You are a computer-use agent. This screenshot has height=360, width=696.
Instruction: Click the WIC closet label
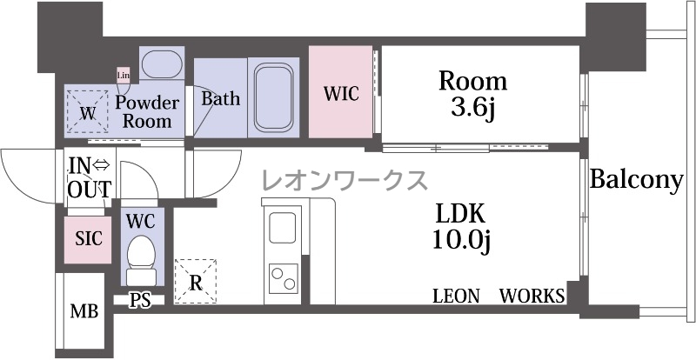click(340, 94)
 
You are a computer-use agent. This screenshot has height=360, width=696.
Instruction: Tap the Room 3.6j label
click(472, 94)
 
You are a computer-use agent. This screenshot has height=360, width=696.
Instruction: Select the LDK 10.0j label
click(460, 228)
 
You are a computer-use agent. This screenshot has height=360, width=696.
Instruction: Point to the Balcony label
click(636, 181)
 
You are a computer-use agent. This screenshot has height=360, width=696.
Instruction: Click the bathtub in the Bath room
click(273, 97)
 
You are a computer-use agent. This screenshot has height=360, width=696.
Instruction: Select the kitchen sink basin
click(282, 228)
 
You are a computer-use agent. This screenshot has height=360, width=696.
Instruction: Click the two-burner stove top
click(284, 278)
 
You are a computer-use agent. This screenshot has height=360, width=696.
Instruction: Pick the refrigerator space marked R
click(195, 282)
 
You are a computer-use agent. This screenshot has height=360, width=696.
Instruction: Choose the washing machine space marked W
click(88, 112)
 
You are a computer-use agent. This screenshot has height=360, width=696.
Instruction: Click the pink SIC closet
click(88, 240)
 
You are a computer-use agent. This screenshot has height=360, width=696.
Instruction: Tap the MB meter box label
click(84, 311)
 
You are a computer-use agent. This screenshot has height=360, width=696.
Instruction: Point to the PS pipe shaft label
click(140, 301)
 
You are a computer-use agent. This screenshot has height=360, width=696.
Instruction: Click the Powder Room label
click(147, 111)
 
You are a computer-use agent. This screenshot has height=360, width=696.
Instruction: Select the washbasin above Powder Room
click(162, 64)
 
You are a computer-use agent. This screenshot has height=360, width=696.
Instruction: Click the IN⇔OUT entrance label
click(89, 178)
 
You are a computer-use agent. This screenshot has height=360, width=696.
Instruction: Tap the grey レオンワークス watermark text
click(345, 180)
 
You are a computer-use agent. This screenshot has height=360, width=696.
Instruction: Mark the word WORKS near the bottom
click(532, 296)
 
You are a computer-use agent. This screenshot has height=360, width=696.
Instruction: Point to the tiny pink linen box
click(123, 76)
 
